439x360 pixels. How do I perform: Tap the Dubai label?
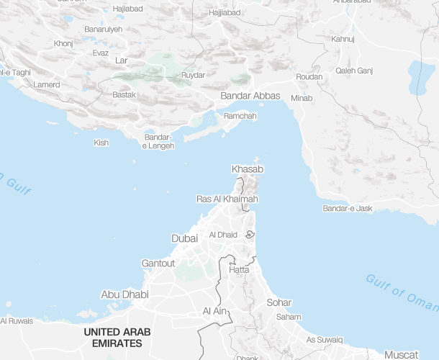(x=184, y=238)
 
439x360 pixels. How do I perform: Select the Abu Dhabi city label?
(x=125, y=294)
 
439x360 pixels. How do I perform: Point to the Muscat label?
(x=401, y=355)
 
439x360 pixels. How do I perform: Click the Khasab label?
(x=248, y=169)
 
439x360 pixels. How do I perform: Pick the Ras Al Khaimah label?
(x=227, y=199)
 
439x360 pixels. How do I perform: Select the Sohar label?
(x=279, y=303)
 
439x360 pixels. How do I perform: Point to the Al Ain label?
(x=215, y=311)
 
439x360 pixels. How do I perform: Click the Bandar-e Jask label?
(x=349, y=209)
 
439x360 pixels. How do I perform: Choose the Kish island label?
(x=101, y=143)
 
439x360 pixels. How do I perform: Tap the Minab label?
(x=302, y=98)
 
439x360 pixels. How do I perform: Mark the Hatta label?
(x=239, y=269)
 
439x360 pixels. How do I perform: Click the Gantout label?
(x=158, y=264)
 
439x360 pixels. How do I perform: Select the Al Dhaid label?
(x=222, y=235)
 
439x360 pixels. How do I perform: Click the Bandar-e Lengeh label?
(x=158, y=142)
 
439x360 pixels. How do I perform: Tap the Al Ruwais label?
(x=17, y=321)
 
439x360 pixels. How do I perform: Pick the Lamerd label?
(x=47, y=85)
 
